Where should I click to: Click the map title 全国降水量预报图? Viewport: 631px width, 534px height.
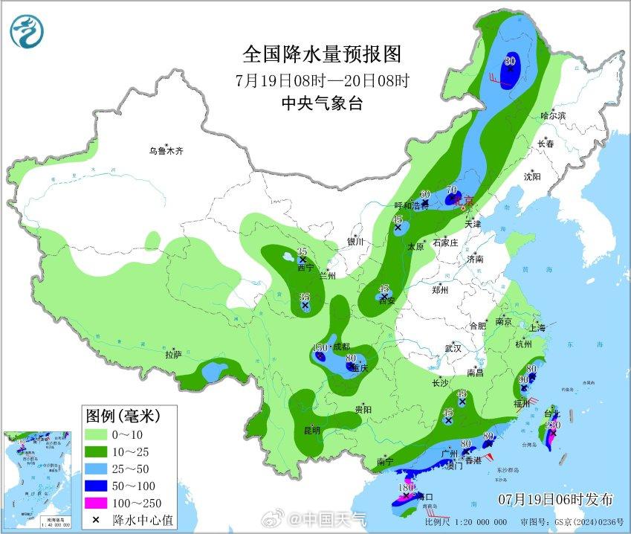click(322, 54)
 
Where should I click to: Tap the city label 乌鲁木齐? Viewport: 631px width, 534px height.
click(165, 151)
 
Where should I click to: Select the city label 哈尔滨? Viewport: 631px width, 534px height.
click(553, 116)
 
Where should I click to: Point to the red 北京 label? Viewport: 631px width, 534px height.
click(462, 200)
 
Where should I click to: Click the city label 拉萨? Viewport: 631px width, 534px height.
click(172, 356)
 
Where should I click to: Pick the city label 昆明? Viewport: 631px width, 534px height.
click(311, 431)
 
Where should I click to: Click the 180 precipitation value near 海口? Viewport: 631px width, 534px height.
click(406, 489)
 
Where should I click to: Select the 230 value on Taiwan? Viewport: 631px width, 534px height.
click(552, 425)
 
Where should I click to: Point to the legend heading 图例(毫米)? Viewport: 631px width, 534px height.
click(123, 414)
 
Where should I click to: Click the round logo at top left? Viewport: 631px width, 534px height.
click(27, 31)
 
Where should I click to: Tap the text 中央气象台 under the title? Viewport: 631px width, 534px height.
click(322, 104)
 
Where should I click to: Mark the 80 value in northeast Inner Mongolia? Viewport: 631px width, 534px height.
click(510, 61)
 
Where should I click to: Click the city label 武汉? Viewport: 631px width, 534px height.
click(453, 348)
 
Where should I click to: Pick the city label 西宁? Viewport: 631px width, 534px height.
click(305, 268)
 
